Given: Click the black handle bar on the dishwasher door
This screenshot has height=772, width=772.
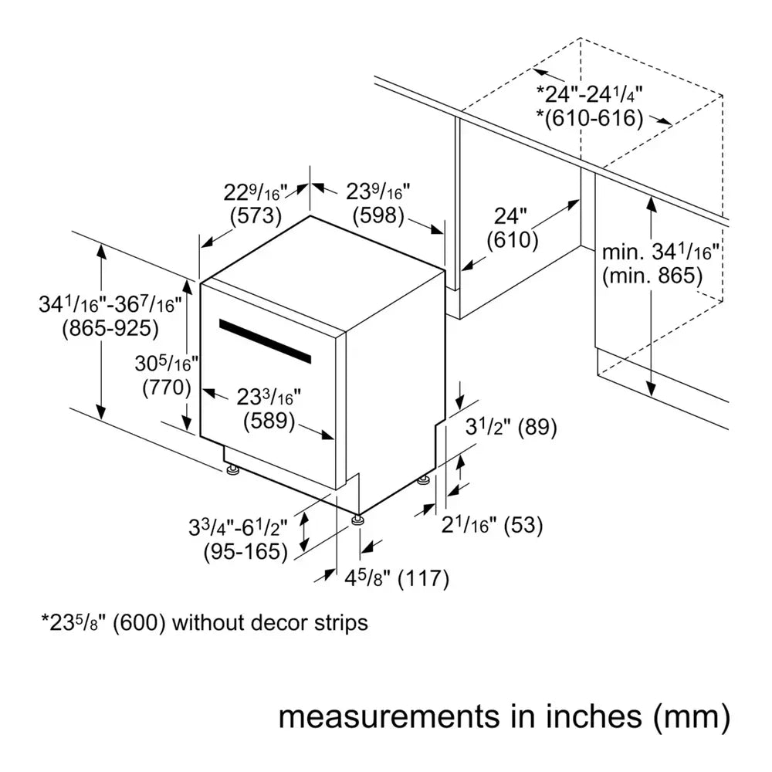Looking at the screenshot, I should (x=265, y=341).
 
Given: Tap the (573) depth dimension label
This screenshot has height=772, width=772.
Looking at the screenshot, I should (x=256, y=216).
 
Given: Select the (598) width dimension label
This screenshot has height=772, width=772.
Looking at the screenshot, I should (x=378, y=216).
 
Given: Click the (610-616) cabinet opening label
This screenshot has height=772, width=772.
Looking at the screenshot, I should (x=591, y=118).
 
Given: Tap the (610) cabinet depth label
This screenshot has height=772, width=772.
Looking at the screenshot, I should (x=513, y=240).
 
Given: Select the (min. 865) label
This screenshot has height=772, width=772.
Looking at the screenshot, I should (x=653, y=275).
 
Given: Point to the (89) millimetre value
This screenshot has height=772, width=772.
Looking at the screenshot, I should (x=537, y=427).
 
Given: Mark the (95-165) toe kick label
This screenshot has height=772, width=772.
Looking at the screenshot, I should (x=245, y=551).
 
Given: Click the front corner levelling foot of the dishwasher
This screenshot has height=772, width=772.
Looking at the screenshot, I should (x=357, y=521).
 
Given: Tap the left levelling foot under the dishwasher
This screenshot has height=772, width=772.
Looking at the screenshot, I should (x=232, y=469).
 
